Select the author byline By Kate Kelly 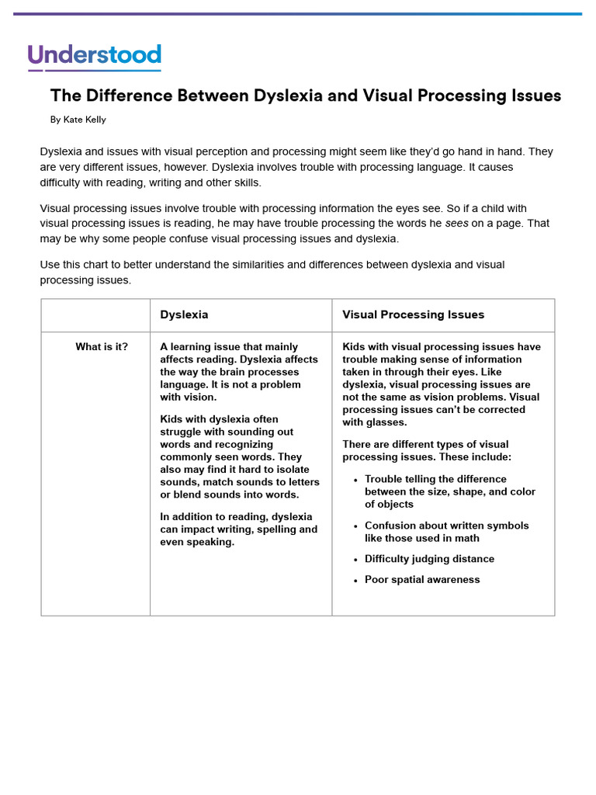78,120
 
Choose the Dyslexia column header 184,314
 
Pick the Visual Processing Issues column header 413,314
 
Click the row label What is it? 102,347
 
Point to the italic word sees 456,224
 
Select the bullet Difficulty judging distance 429,559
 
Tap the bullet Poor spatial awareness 422,580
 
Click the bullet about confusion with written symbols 446,532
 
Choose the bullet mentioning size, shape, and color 449,491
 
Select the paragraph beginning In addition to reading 238,529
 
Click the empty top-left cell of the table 95,315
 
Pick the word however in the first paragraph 182,167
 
